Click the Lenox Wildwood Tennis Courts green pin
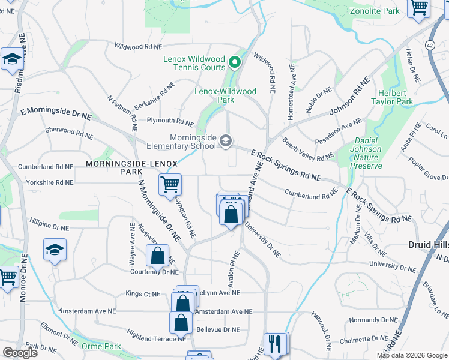pos(235,61)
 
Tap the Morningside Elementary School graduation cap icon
pos(226,141)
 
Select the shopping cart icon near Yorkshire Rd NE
pos(170,184)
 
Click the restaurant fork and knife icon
pos(276,343)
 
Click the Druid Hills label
pos(428,246)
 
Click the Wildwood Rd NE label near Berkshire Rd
pos(138,46)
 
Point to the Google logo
pos(20,353)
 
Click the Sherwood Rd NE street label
pos(69,133)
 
